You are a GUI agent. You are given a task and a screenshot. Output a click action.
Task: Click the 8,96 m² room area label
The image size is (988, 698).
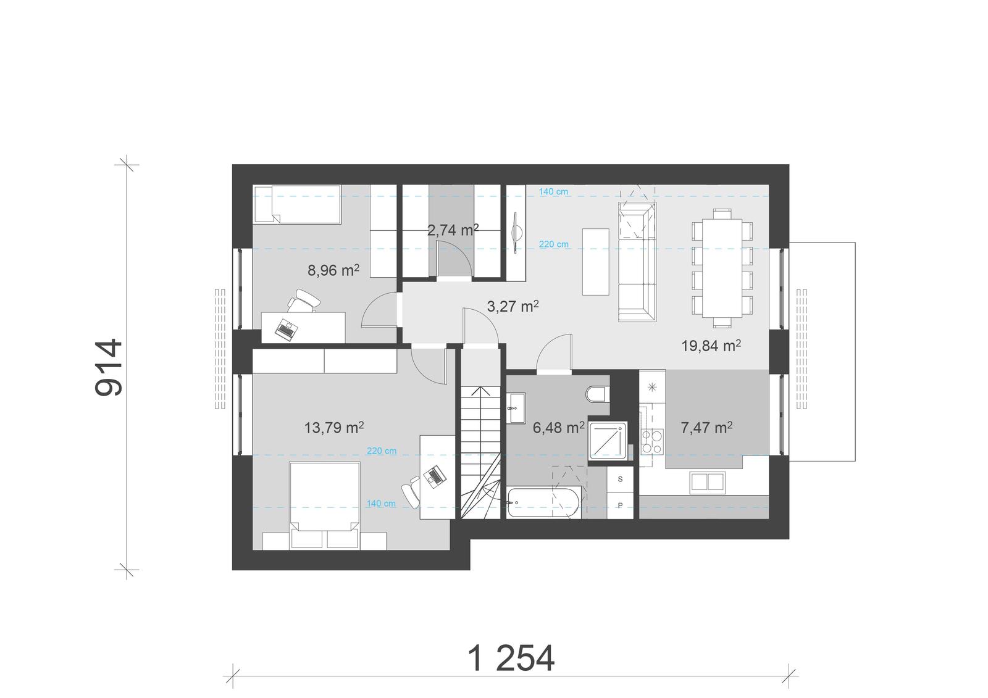pos(333,270)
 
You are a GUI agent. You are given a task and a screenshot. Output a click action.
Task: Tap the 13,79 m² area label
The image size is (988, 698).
pos(333,427)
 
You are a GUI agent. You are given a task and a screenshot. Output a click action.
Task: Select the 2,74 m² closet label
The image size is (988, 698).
pos(453,230)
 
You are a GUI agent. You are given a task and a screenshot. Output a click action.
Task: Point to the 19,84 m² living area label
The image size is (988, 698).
pos(711,346)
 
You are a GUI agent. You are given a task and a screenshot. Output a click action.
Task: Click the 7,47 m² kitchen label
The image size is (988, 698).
pos(706,427)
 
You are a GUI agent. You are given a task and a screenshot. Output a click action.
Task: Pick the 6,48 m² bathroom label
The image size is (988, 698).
pos(559,427)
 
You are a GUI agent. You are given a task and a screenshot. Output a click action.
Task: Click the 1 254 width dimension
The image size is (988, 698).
pos(512,659)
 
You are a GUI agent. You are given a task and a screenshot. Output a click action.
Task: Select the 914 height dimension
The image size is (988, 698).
pos(110,368)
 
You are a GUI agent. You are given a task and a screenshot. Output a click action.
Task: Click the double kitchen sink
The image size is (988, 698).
pos(708,481)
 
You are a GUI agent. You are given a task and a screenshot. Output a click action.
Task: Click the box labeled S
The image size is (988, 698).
pos(620,478)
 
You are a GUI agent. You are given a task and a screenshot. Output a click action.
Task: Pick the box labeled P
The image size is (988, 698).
pos(620,505)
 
